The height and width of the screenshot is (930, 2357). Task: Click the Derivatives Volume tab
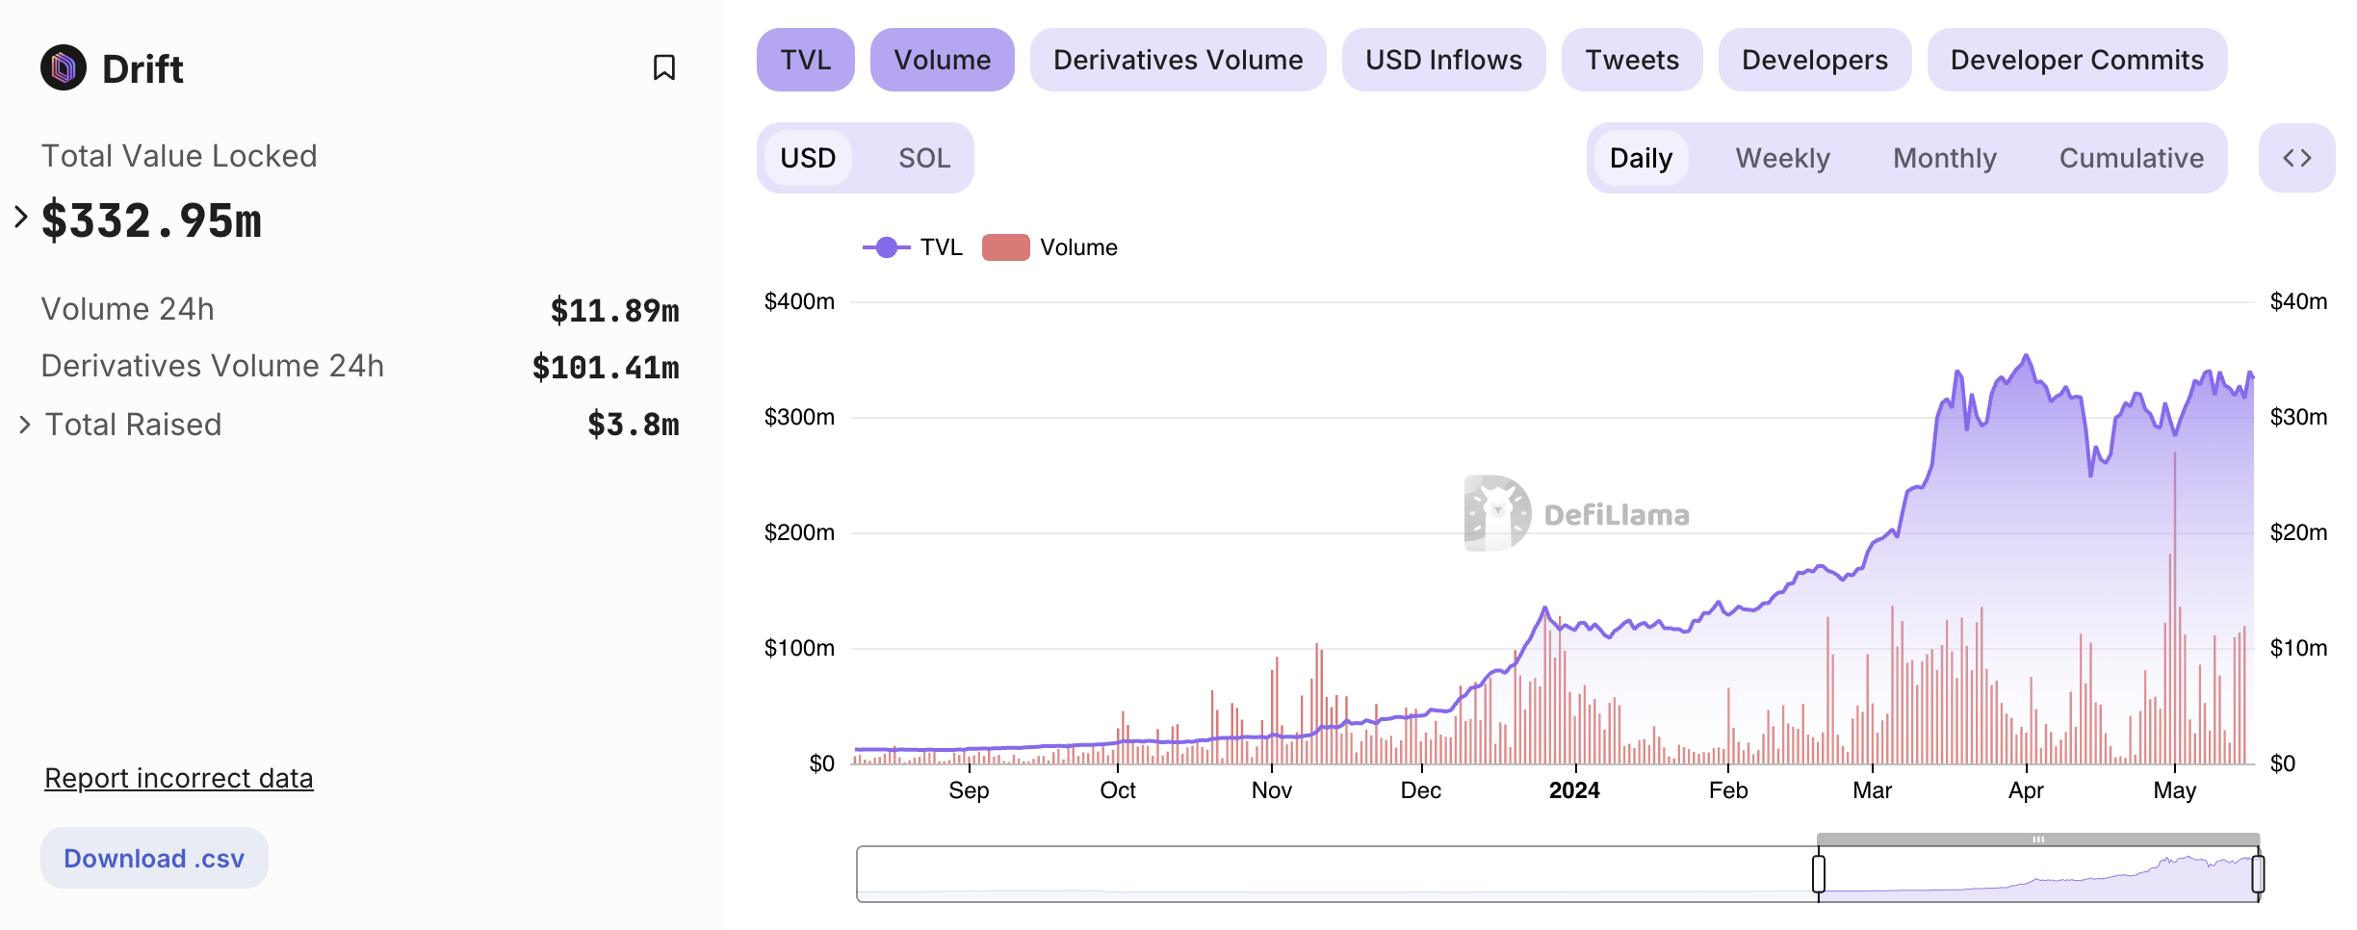tap(1178, 60)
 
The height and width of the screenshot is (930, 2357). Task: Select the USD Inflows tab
tap(1443, 60)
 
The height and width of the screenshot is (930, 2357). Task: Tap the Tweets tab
tap(1632, 60)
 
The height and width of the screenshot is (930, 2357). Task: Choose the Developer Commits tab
tap(2077, 60)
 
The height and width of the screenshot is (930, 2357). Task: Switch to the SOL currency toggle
tap(924, 158)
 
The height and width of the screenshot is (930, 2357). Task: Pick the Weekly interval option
tap(1782, 158)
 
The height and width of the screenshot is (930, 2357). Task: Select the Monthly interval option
tap(1945, 158)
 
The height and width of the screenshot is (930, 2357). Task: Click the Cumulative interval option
tap(2131, 158)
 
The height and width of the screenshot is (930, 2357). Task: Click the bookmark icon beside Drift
tap(664, 67)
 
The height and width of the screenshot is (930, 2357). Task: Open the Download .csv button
tap(154, 858)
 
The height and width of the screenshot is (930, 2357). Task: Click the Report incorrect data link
tap(179, 778)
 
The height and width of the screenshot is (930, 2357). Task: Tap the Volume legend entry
tap(1050, 247)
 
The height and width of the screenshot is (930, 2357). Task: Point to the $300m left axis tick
tap(799, 417)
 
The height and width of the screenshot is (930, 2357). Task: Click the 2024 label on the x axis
tap(1574, 790)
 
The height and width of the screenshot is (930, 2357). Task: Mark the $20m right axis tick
tap(2298, 532)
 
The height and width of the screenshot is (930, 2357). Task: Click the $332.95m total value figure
tap(152, 221)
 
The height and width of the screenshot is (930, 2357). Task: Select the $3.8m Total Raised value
tap(634, 425)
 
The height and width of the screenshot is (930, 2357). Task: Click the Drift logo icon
tap(64, 67)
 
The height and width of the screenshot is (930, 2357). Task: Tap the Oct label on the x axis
tap(1118, 790)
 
